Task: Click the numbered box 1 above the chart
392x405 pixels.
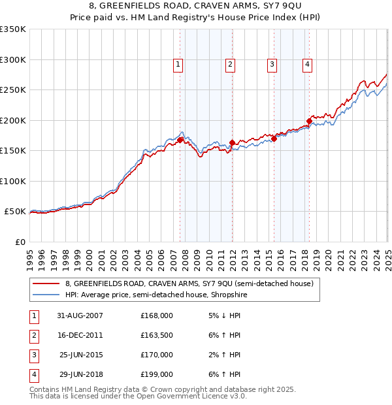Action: pyautogui.click(x=178, y=64)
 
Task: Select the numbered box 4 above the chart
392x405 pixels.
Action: pyautogui.click(x=306, y=64)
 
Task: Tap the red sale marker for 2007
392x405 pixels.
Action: pyautogui.click(x=180, y=140)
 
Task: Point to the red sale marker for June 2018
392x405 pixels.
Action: pyautogui.click(x=309, y=121)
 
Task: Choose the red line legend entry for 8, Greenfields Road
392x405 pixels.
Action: pyautogui.click(x=189, y=283)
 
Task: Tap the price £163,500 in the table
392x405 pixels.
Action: pyautogui.click(x=157, y=335)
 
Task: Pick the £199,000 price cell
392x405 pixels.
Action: pyautogui.click(x=157, y=374)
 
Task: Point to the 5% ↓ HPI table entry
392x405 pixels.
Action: pyautogui.click(x=223, y=316)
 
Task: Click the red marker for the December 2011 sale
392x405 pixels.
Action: pyautogui.click(x=232, y=142)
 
